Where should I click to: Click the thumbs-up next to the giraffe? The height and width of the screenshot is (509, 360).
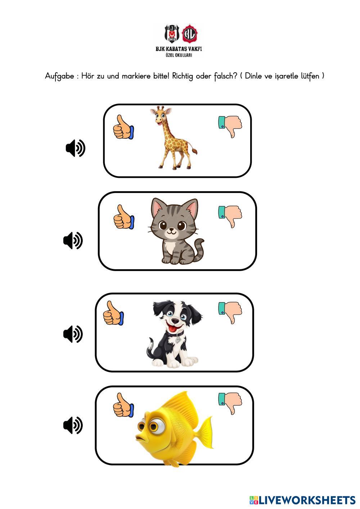(x=123, y=127)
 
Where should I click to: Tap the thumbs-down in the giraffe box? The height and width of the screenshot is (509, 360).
(x=230, y=126)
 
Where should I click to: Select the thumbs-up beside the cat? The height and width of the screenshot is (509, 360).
(x=124, y=217)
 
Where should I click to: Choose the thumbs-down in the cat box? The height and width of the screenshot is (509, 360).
(x=230, y=216)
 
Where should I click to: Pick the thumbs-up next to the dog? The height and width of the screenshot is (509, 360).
(x=113, y=313)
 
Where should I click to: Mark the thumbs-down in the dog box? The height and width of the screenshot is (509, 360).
(x=230, y=312)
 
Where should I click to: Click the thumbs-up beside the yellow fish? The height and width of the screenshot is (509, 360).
(x=123, y=405)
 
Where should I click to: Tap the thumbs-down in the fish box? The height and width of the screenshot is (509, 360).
(x=230, y=404)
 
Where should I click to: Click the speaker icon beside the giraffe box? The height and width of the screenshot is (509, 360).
(x=76, y=148)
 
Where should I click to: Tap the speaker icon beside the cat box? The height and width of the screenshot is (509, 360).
(x=73, y=240)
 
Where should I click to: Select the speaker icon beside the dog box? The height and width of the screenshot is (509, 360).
(x=73, y=334)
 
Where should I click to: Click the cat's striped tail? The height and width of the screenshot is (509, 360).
(x=199, y=249)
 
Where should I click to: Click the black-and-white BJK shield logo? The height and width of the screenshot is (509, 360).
(x=172, y=33)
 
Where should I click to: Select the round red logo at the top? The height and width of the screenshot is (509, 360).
(x=190, y=33)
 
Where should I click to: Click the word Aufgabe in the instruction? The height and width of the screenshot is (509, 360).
(x=59, y=76)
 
